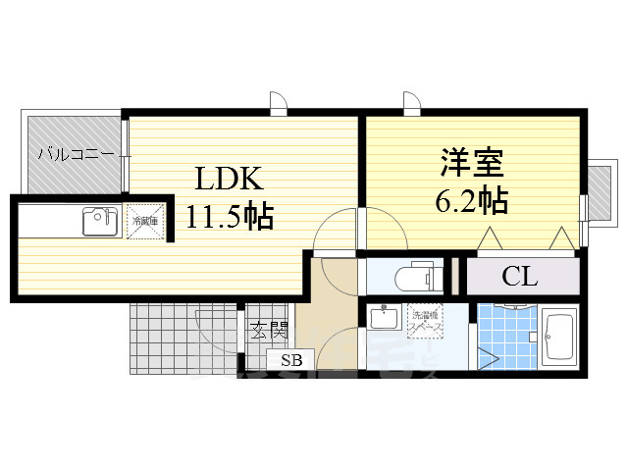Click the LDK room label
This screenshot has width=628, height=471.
pos(229,180)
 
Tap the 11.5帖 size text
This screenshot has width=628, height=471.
pos(232,215)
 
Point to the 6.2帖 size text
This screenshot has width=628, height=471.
pos(470,200)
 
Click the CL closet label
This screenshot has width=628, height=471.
pos(519,277)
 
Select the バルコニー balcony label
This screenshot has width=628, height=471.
pos(78,154)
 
